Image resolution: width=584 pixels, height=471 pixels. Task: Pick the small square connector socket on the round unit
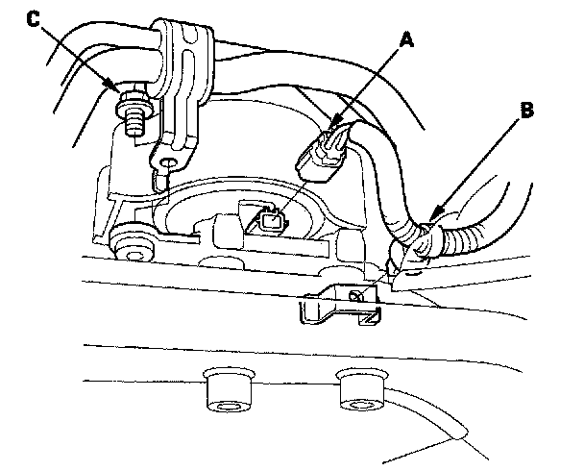click(270, 222)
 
